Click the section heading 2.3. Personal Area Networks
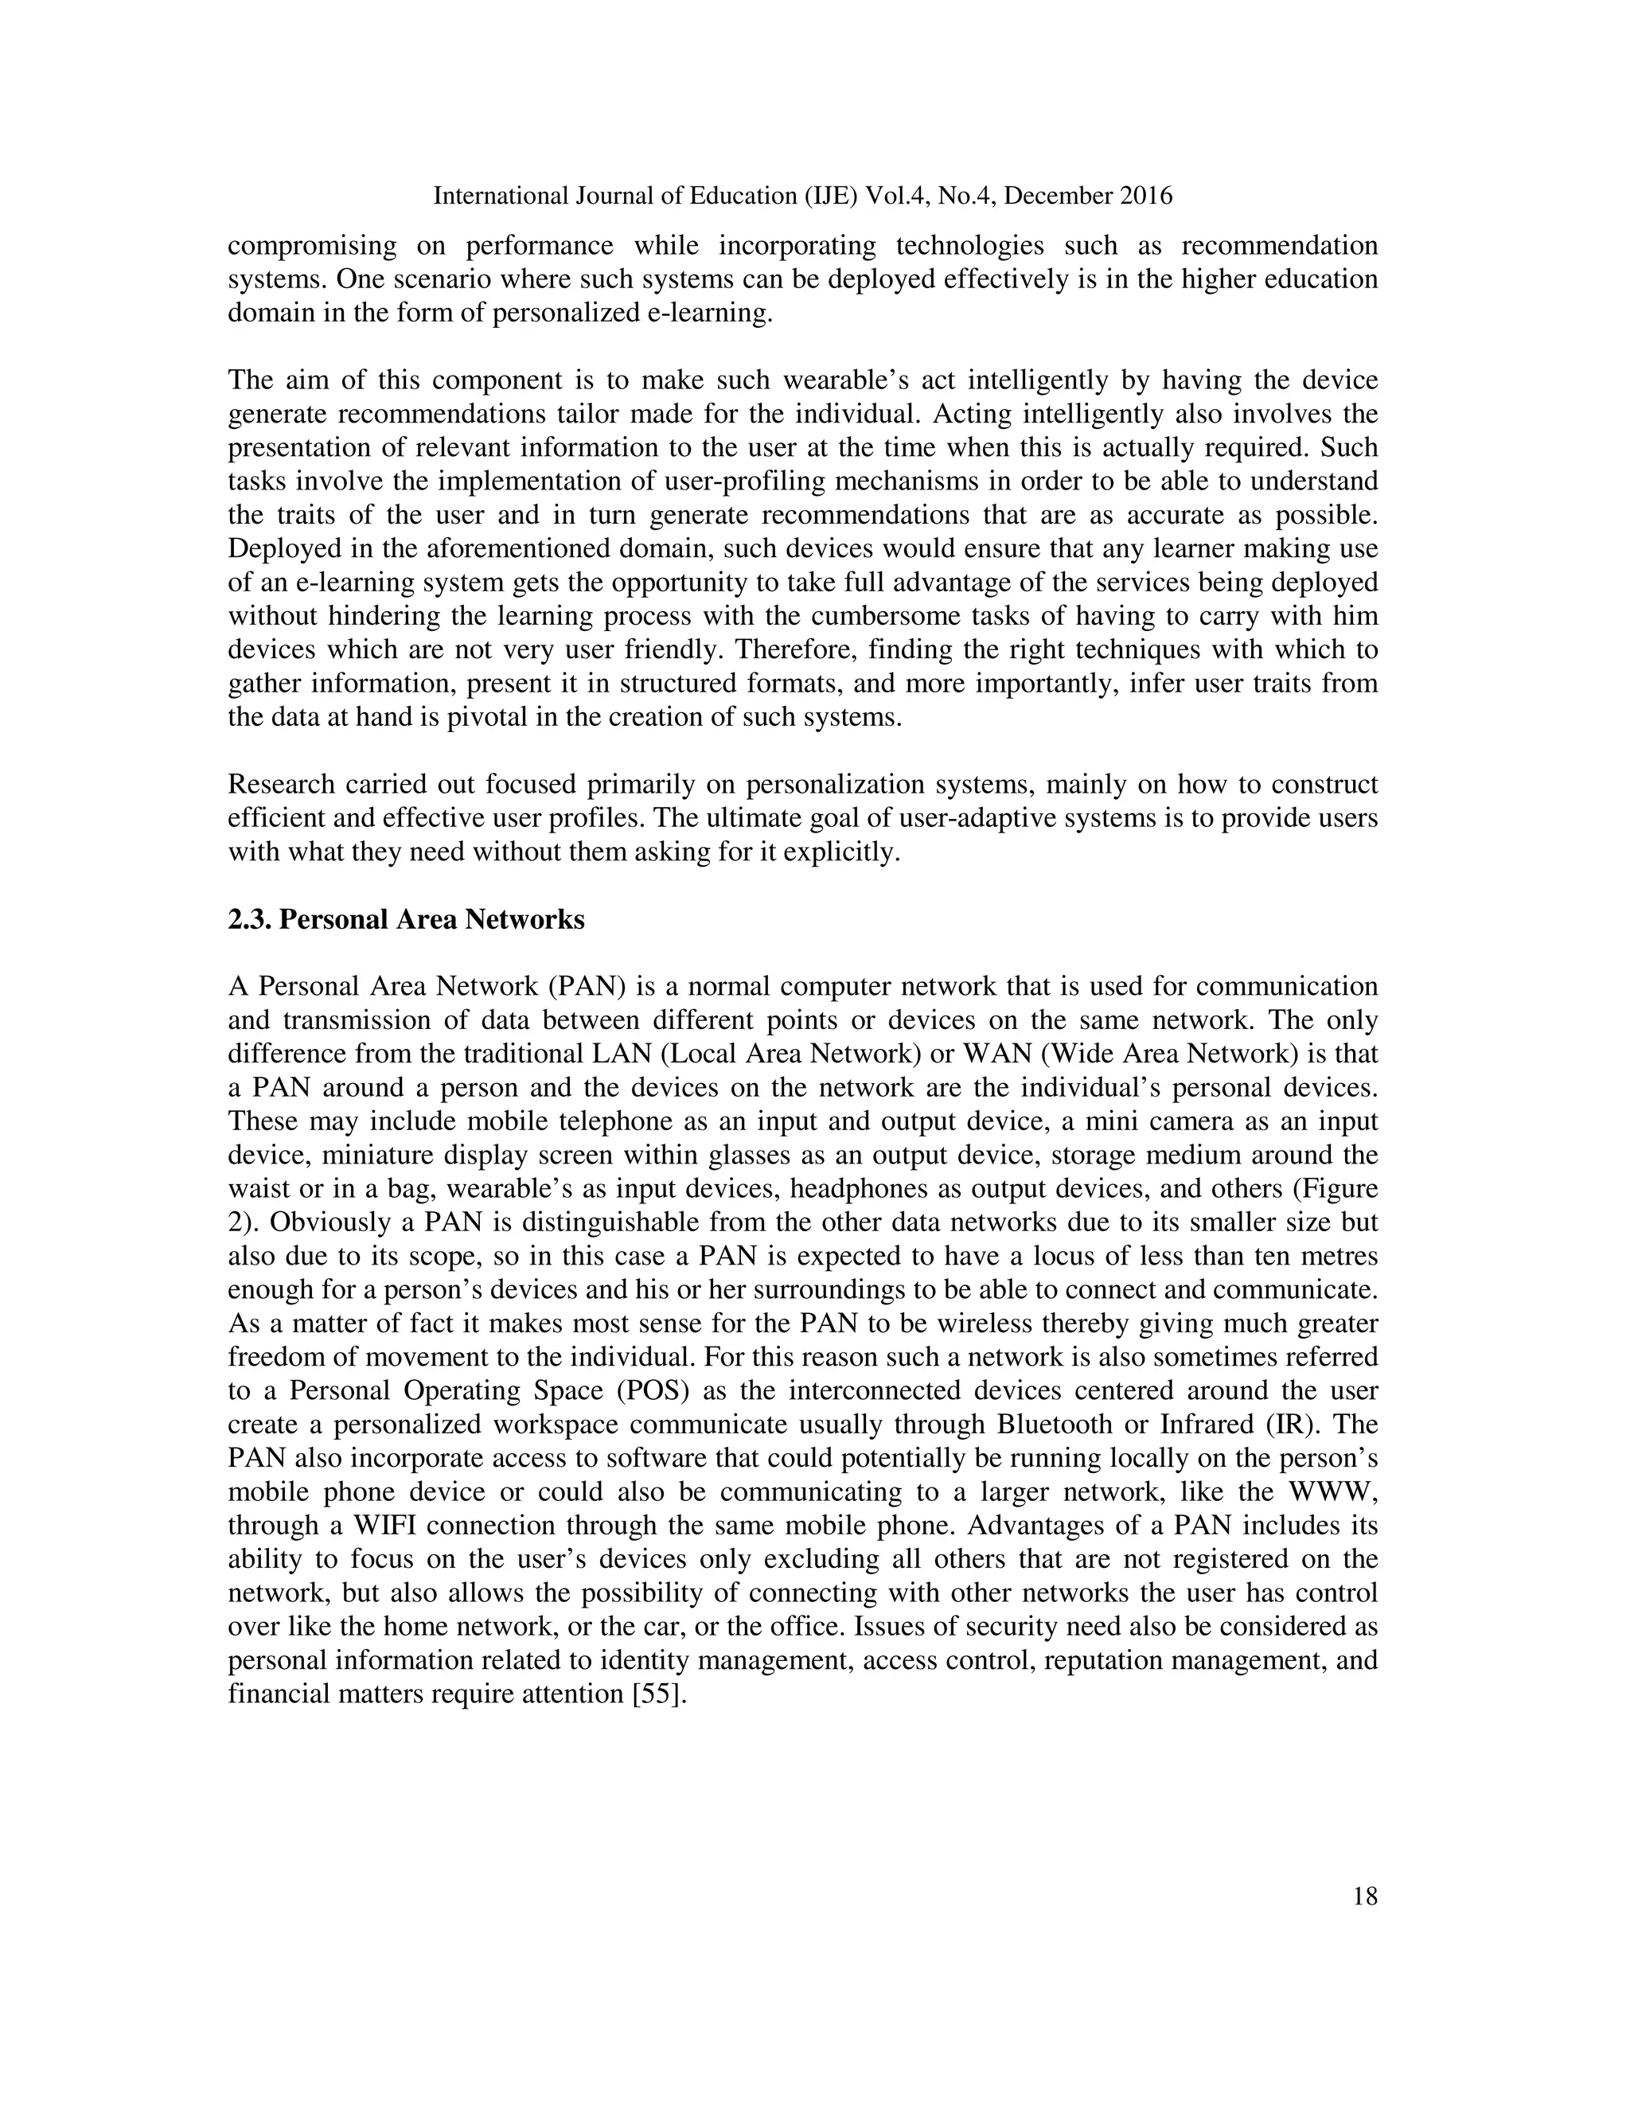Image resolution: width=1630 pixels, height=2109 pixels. point(407,919)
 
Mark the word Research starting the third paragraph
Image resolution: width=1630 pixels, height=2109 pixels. point(281,785)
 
